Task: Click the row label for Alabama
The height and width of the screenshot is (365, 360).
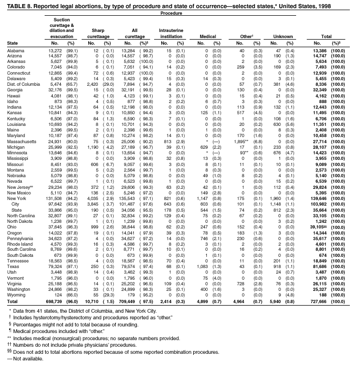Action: point(16,51)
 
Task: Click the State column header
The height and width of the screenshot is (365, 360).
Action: point(13,43)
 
